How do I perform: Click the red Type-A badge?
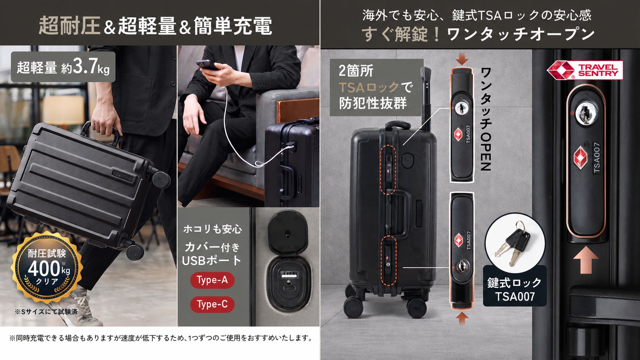click(x=212, y=280)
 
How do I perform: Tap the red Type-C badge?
click(x=212, y=304)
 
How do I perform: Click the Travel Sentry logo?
click(x=585, y=70)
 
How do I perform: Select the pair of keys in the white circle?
click(x=513, y=243)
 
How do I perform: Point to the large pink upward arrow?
click(x=586, y=260)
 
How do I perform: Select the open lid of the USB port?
click(x=287, y=232)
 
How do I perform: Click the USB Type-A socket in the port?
click(x=289, y=275)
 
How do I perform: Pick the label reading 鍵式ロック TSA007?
click(x=514, y=289)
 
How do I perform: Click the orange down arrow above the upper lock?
click(x=462, y=59)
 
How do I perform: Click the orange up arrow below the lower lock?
click(x=462, y=318)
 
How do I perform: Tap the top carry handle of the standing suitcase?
click(x=398, y=124)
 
